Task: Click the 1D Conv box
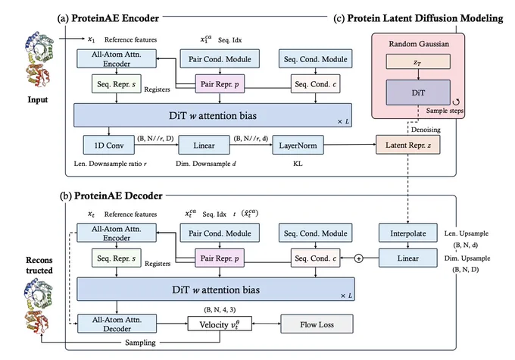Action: pyautogui.click(x=109, y=145)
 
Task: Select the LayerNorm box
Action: pyautogui.click(x=298, y=145)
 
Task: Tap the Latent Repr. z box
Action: pyautogui.click(x=407, y=145)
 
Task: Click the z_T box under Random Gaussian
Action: pyautogui.click(x=418, y=61)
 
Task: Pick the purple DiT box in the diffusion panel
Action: pyautogui.click(x=418, y=92)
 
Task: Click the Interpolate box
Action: pyautogui.click(x=408, y=233)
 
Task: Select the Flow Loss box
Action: pyautogui.click(x=317, y=324)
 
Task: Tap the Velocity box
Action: pyautogui.click(x=220, y=324)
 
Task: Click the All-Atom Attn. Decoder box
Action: pyautogui.click(x=117, y=324)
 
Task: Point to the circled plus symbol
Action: pyautogui.click(x=359, y=258)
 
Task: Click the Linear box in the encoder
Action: pyautogui.click(x=204, y=145)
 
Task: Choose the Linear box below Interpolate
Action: pyautogui.click(x=408, y=258)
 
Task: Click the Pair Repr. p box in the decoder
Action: pyautogui.click(x=220, y=258)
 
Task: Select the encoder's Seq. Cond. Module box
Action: pyautogui.click(x=315, y=59)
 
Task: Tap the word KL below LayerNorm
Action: pyautogui.click(x=298, y=164)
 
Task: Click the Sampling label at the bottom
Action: pyautogui.click(x=140, y=343)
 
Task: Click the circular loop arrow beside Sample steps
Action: pyautogui.click(x=456, y=102)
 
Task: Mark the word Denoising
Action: pyautogui.click(x=426, y=130)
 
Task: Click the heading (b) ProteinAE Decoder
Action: pyautogui.click(x=111, y=196)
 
